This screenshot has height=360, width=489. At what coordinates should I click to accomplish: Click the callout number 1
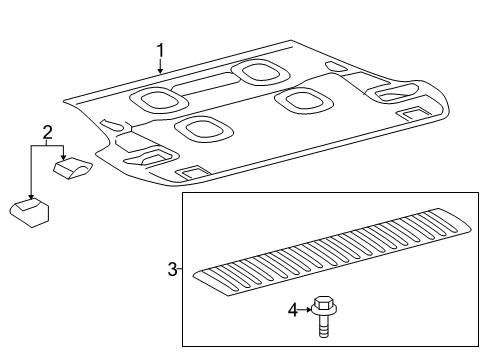158,50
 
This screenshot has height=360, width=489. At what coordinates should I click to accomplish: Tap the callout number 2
46,132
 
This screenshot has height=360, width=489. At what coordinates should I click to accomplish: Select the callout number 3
172,269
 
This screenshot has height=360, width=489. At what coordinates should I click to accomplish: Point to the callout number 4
293,311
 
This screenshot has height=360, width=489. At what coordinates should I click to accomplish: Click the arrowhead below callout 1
158,73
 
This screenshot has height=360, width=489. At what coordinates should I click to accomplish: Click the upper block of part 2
75,168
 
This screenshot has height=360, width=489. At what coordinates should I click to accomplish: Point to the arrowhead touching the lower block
31,198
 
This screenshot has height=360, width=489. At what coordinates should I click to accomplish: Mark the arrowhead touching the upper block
63,158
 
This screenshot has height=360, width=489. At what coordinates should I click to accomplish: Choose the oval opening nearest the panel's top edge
257,72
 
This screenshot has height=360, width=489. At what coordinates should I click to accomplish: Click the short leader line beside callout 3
180,269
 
